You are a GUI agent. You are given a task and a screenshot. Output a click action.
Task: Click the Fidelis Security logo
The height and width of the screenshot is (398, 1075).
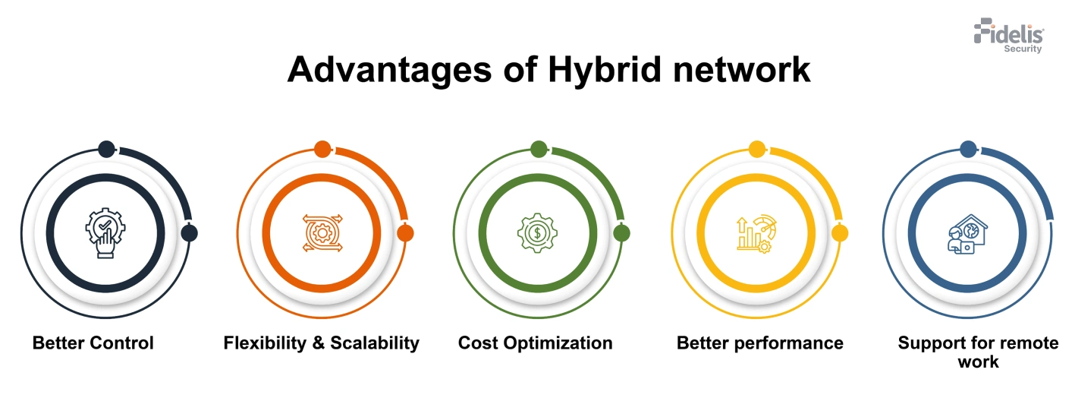pyautogui.click(x=1009, y=36)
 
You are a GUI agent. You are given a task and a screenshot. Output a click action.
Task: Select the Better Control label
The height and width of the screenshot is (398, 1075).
pyautogui.click(x=93, y=343)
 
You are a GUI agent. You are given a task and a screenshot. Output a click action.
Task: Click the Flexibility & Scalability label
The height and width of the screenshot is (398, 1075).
pyautogui.click(x=321, y=343)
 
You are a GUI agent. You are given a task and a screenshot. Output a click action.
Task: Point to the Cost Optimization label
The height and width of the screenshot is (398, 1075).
pyautogui.click(x=535, y=343)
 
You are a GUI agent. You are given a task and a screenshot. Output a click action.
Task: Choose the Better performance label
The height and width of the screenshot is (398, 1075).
pyautogui.click(x=759, y=343)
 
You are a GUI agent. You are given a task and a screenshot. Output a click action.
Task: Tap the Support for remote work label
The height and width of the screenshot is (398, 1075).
pyautogui.click(x=978, y=352)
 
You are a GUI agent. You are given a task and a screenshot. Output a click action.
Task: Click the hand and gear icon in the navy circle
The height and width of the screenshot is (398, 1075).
pyautogui.click(x=105, y=234)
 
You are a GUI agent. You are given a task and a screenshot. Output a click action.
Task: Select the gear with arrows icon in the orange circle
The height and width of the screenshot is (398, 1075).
pyautogui.click(x=322, y=233)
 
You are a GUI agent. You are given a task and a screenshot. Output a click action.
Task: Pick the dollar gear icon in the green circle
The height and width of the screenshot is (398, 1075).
pyautogui.click(x=537, y=233)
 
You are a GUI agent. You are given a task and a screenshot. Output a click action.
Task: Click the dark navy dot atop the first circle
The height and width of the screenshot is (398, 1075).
pyautogui.click(x=106, y=149)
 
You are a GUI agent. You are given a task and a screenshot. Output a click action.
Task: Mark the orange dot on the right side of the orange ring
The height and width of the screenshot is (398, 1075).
pyautogui.click(x=405, y=233)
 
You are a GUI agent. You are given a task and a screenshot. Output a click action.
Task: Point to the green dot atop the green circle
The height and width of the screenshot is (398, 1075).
pyautogui.click(x=539, y=149)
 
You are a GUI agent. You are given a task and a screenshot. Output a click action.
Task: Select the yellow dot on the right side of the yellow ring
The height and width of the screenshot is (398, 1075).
pyautogui.click(x=839, y=233)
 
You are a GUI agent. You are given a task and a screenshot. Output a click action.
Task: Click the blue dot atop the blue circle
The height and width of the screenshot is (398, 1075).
pyautogui.click(x=968, y=149)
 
